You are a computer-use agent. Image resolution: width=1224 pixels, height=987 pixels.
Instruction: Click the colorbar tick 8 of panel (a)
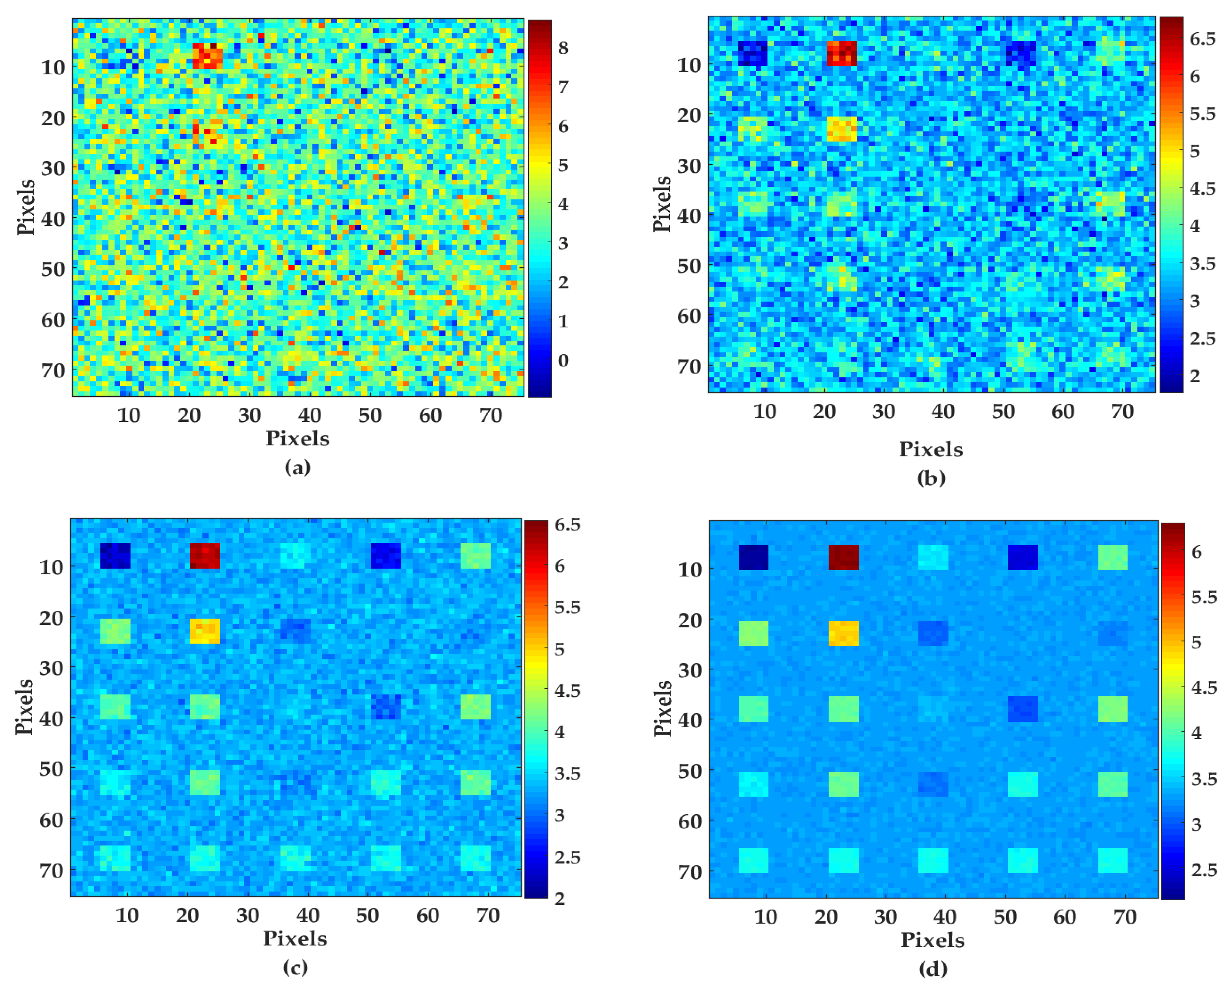click(x=563, y=48)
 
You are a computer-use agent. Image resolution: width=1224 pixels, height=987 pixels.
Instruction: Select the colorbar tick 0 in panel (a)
click(x=563, y=360)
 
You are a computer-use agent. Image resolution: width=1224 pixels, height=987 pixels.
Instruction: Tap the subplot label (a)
click(x=297, y=467)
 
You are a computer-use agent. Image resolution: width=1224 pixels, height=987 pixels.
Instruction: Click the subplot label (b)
click(x=931, y=478)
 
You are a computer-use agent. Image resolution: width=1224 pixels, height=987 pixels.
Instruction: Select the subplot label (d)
click(x=933, y=968)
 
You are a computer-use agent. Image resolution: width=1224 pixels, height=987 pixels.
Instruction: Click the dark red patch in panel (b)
click(x=841, y=53)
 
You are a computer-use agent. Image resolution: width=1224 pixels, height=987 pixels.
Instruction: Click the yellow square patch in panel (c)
click(x=204, y=631)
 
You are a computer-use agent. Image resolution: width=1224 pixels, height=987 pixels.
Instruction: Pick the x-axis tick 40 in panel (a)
click(x=310, y=416)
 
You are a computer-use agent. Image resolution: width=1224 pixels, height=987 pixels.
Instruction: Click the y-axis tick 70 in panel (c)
click(x=51, y=870)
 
